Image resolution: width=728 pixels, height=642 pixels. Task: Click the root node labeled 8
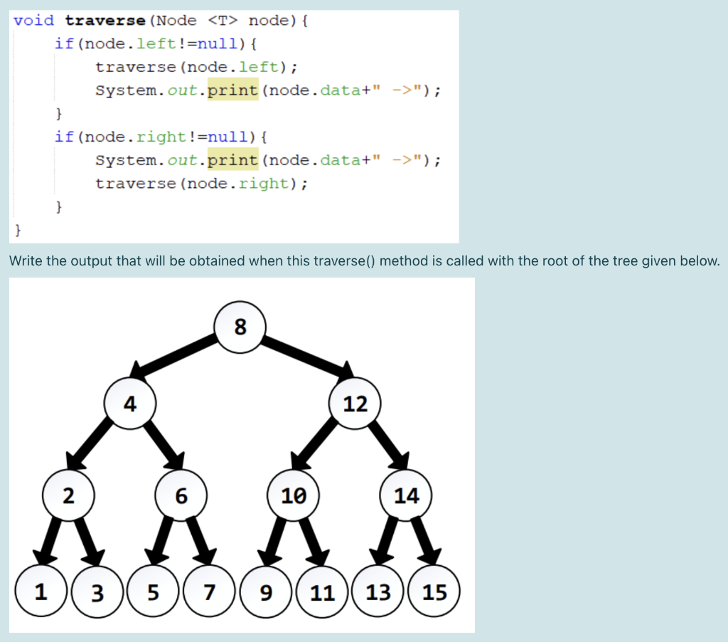240,327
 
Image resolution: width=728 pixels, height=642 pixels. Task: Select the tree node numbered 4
129,404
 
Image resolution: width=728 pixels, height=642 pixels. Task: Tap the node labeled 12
355,404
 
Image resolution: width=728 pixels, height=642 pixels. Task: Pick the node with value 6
181,495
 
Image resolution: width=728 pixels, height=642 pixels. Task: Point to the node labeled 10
294,495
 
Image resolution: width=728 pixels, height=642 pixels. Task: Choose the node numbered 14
407,495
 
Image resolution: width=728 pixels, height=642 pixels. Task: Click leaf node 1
41,591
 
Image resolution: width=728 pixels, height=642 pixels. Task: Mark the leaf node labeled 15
434,591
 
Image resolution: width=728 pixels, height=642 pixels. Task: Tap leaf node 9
266,591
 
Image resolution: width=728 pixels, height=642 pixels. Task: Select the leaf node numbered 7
209,591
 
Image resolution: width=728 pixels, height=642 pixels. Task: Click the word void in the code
33,20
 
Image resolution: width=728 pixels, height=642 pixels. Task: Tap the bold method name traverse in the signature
105,20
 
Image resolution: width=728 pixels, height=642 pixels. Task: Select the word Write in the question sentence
26,261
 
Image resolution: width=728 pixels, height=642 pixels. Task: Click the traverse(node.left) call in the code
196,67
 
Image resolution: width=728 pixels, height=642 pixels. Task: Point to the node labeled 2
68,495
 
